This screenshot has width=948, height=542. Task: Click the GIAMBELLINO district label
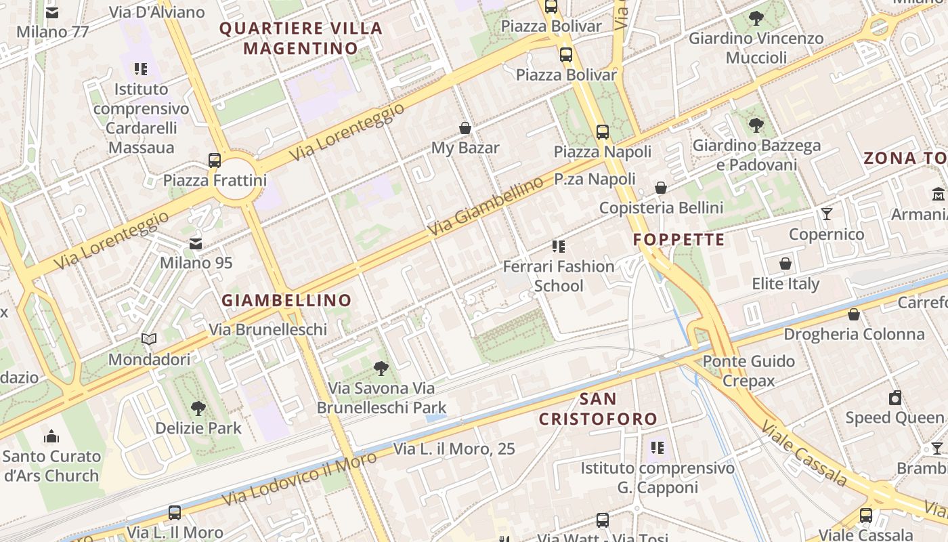287,300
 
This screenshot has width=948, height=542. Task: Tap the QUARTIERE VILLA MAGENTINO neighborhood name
301,39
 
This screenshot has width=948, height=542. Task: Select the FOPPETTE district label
679,240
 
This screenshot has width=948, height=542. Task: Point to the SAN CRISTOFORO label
598,409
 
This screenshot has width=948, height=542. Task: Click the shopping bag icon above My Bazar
465,128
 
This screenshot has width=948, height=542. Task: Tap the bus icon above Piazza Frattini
215,161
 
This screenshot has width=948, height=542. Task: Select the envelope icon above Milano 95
196,243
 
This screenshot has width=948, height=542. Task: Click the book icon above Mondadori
149,339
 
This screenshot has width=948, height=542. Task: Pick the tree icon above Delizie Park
198,408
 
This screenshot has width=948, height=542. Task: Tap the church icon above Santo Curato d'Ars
51,436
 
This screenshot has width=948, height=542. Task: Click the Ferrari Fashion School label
559,276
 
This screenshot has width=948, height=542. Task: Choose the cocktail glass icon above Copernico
827,215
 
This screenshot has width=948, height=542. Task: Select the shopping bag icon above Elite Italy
785,264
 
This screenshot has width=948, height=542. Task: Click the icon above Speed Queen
895,398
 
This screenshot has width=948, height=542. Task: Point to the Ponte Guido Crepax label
748,371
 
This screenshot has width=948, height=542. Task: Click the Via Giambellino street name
486,206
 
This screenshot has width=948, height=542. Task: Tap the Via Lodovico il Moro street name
299,480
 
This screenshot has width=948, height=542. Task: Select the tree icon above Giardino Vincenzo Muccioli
756,18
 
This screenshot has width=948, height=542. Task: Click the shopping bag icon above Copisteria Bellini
661,188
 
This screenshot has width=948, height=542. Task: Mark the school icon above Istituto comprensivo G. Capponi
657,448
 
